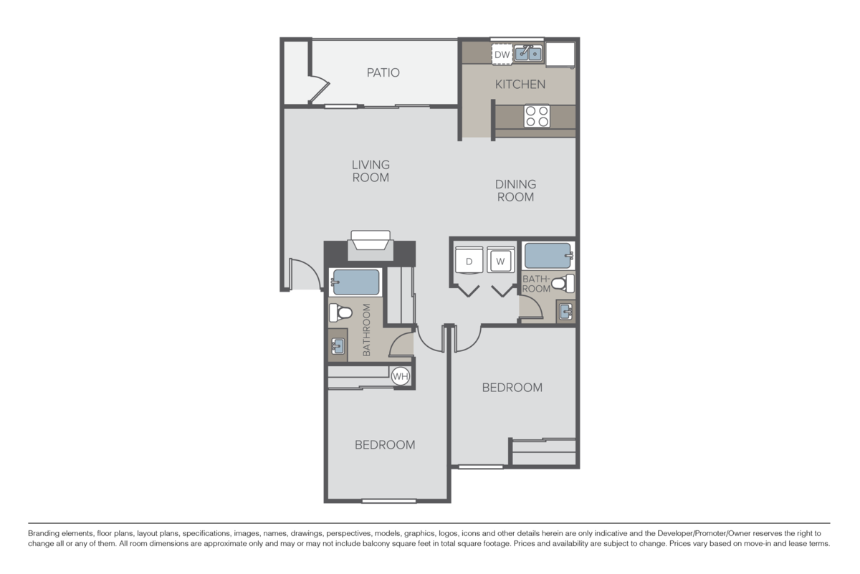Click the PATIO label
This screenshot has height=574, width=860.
(383, 72)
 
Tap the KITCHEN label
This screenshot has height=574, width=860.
(520, 84)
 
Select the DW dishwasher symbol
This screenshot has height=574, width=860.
(502, 54)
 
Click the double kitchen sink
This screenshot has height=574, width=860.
(529, 54)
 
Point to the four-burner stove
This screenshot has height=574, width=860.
(537, 116)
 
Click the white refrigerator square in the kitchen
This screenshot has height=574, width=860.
(560, 54)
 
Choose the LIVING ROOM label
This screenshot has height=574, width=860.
(371, 171)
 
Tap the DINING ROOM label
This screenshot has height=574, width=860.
(515, 191)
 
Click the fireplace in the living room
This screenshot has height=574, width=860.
(370, 245)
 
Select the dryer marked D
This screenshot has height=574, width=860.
(469, 261)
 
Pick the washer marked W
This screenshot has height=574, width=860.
(500, 261)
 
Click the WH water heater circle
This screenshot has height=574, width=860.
(400, 376)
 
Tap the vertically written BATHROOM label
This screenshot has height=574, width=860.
(366, 330)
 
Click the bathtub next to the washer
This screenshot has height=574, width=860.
(548, 255)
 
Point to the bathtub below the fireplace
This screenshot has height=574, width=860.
(355, 282)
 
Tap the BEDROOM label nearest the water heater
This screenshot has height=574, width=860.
(385, 445)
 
